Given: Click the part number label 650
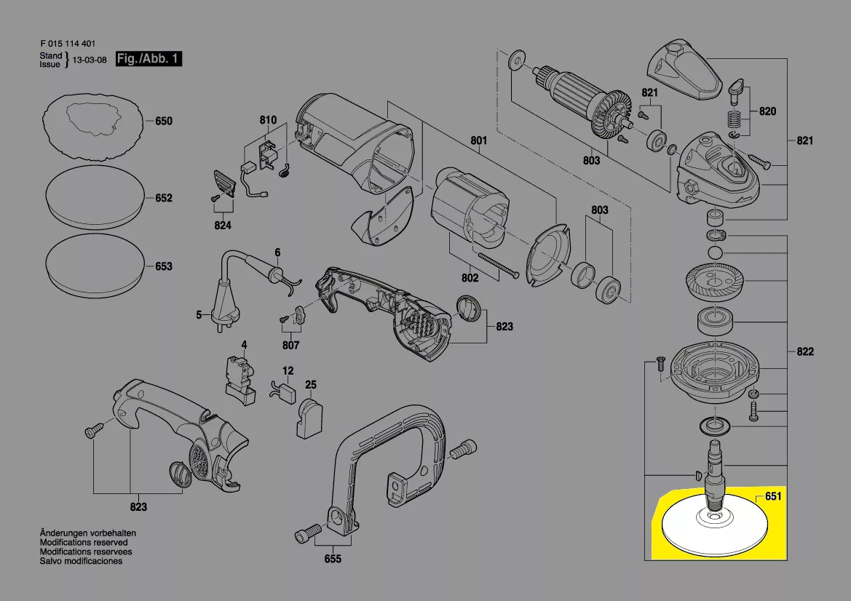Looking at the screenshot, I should pos(164,122).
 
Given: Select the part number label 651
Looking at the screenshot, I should pos(773,498).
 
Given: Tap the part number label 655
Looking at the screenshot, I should pos(332,559).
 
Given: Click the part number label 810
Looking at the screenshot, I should pos(268,120).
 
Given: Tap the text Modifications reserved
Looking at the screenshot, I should pos(84,543).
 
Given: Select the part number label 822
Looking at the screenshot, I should pos(804,351).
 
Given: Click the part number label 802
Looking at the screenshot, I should pos(470,277).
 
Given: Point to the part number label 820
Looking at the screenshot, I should pos(767,111).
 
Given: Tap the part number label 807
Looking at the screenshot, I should pos(290,345).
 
